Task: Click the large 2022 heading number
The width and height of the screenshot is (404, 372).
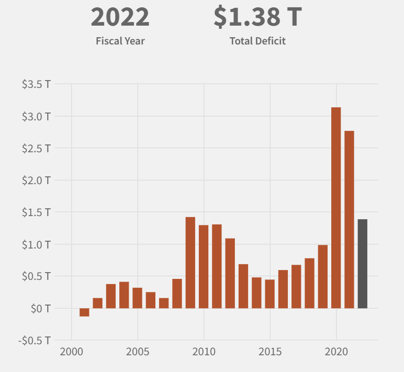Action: (120, 17)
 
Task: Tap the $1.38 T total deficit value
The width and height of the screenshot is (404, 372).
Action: (257, 17)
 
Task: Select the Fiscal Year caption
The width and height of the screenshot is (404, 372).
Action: (120, 41)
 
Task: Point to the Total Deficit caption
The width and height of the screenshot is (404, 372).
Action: (257, 41)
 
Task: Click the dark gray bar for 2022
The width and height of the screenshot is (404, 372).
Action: (362, 264)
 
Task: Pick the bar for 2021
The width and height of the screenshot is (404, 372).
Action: (349, 219)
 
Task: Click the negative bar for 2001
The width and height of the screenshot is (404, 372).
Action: (84, 312)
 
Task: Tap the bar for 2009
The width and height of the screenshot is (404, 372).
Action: (190, 262)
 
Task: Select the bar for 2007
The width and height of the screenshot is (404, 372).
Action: (164, 303)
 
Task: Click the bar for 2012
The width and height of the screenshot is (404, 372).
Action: (230, 273)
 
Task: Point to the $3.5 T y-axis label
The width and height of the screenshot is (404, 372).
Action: (36, 84)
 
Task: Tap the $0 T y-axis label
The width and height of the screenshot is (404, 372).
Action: (40, 309)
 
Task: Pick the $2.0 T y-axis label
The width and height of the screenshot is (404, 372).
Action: (36, 180)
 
